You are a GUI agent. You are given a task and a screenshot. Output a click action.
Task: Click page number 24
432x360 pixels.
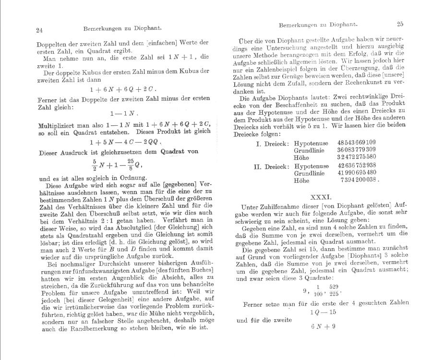[40, 30]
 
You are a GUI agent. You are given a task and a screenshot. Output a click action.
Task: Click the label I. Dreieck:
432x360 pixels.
[272, 143]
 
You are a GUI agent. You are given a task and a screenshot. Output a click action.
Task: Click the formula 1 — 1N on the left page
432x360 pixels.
[123, 114]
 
